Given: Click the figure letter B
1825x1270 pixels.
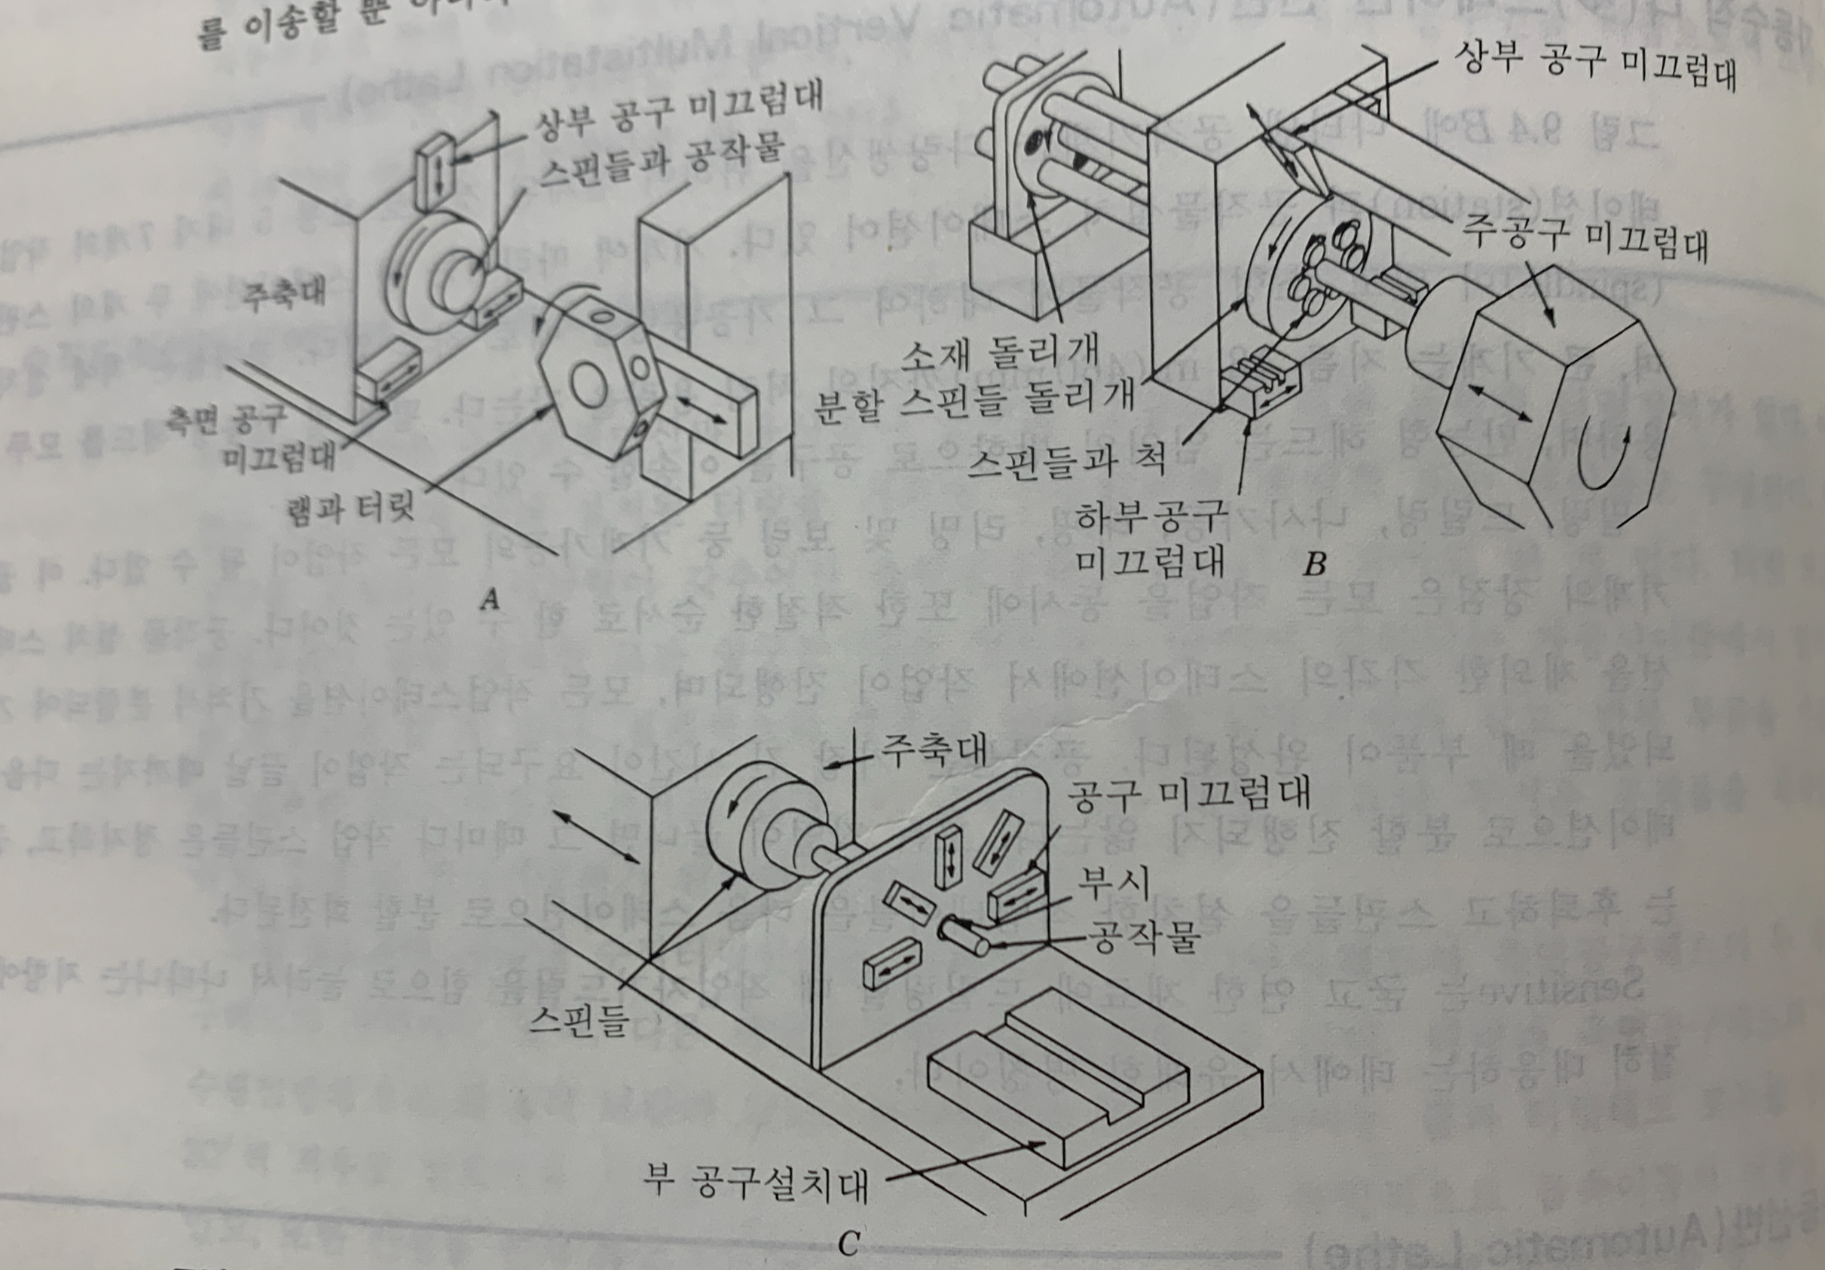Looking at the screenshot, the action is [1316, 565].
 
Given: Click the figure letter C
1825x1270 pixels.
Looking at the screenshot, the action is [848, 1244].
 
